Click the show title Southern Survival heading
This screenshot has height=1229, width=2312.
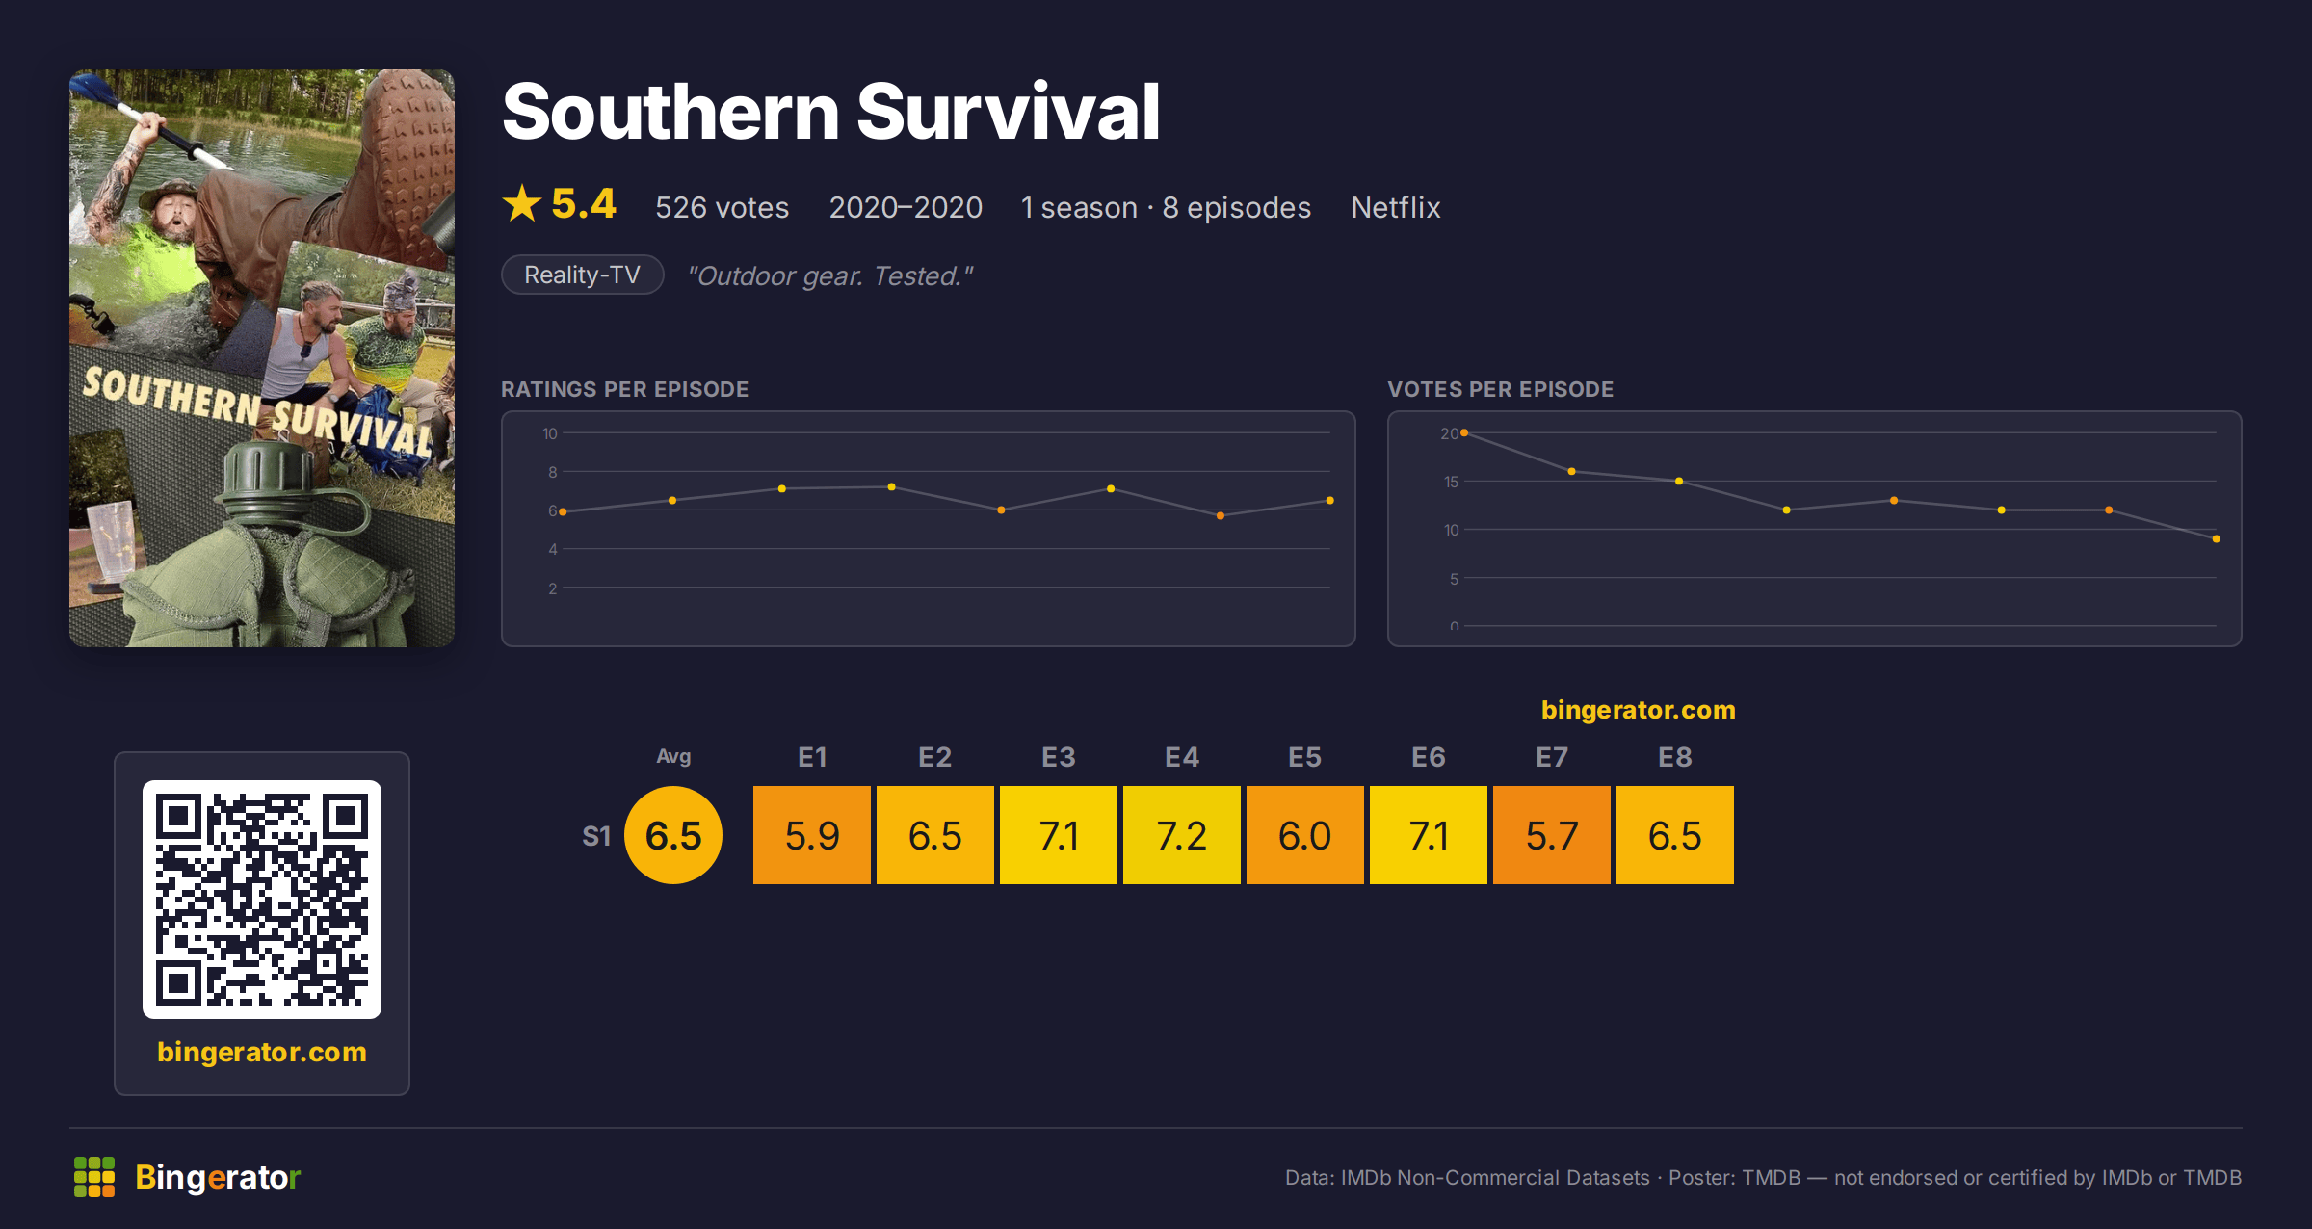[830, 112]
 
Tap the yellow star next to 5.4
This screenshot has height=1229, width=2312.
[522, 203]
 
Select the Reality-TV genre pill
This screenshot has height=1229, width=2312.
[583, 275]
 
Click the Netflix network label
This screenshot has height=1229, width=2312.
[1395, 207]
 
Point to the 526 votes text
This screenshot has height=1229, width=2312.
[722, 207]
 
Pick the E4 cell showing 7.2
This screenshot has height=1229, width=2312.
[1181, 835]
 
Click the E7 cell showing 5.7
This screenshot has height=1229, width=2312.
[1551, 835]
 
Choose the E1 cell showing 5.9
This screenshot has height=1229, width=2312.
[811, 835]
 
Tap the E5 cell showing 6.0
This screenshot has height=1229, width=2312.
[1304, 835]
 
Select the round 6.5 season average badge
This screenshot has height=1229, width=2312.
[673, 835]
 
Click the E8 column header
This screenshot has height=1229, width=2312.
[1674, 757]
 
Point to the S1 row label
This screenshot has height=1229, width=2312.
[596, 836]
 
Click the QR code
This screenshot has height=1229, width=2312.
[262, 900]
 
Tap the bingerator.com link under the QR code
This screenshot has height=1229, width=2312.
[262, 1052]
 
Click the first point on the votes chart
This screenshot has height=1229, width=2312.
[1464, 433]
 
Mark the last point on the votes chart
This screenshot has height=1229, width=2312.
[2217, 539]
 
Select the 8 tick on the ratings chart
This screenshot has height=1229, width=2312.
[553, 472]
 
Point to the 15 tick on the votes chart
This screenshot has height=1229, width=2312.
[1451, 482]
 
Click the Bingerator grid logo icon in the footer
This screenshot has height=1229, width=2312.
[94, 1177]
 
